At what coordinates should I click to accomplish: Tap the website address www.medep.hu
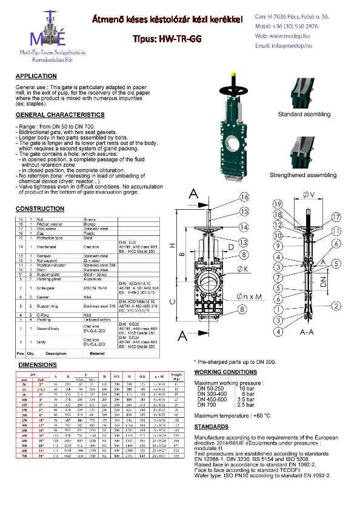(288, 36)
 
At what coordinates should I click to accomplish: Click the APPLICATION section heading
(36, 77)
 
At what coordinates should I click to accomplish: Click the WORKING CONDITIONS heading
(226, 372)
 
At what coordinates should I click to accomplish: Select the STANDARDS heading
(212, 426)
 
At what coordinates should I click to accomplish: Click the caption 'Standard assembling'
(304, 115)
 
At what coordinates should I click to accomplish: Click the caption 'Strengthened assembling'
(304, 175)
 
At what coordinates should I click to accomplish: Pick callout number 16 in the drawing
(244, 197)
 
